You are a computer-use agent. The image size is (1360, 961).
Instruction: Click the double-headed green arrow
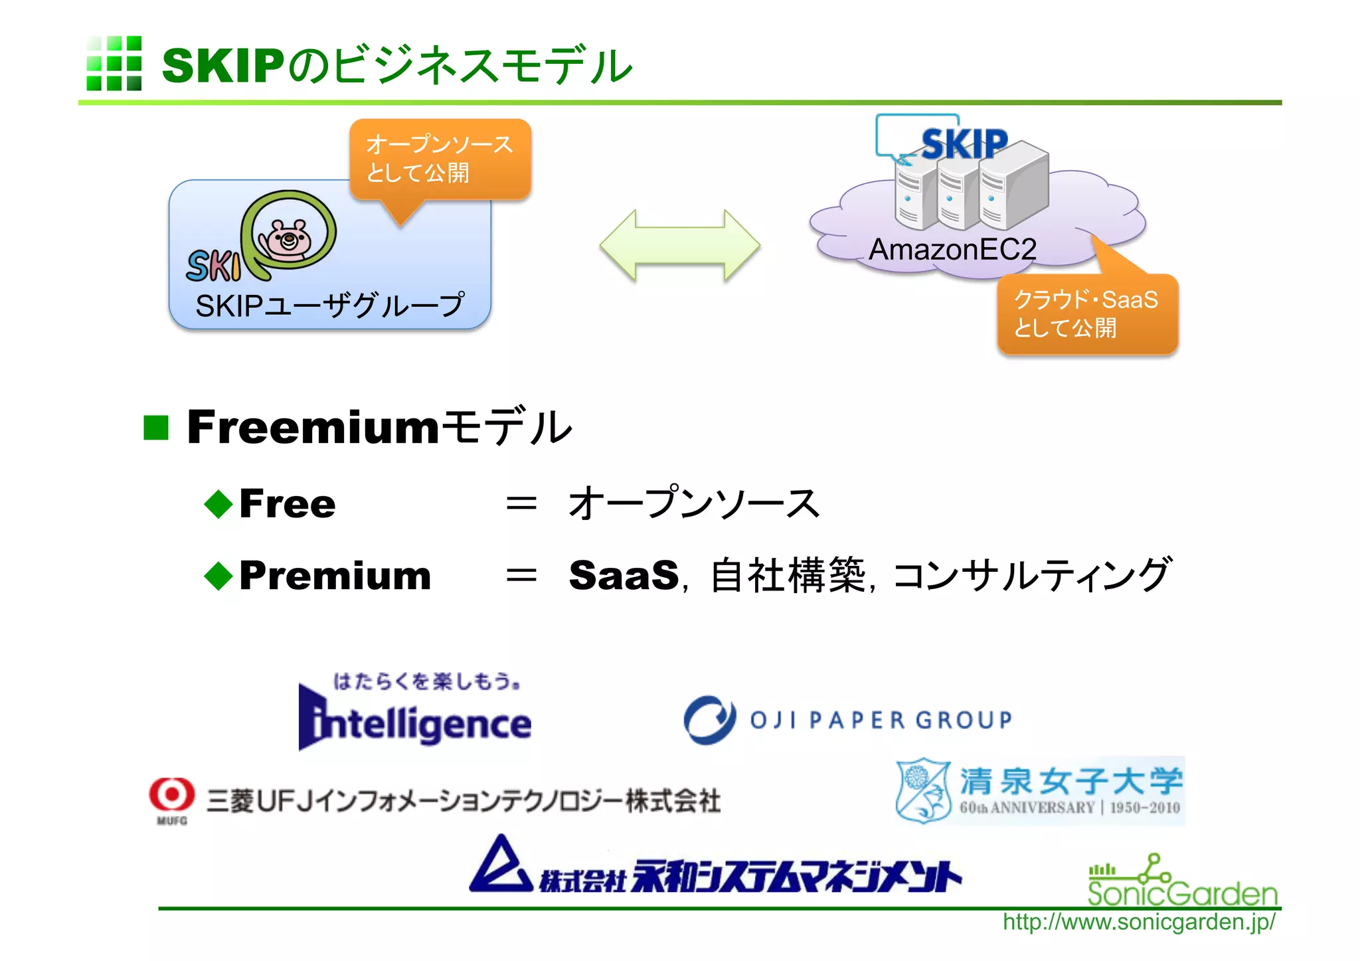(x=679, y=246)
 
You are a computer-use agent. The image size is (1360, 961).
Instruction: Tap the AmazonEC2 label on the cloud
(x=952, y=250)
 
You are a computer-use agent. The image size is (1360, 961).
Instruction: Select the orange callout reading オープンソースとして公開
(x=440, y=159)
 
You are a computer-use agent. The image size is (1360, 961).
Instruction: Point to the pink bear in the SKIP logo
(x=288, y=238)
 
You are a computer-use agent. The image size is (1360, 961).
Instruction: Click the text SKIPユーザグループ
(x=329, y=306)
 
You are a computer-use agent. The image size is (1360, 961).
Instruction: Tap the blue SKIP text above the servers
(x=964, y=144)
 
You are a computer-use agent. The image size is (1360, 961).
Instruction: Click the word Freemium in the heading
(x=312, y=427)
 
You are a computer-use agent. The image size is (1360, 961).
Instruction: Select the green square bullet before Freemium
(x=157, y=428)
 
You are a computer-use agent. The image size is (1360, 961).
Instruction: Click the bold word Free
(x=287, y=503)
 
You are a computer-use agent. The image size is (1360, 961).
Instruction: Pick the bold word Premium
(x=335, y=575)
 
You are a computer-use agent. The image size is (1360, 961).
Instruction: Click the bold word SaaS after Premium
(x=624, y=575)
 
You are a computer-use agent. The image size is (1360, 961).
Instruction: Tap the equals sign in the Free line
(x=521, y=503)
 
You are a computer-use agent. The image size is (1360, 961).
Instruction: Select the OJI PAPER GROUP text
(x=881, y=720)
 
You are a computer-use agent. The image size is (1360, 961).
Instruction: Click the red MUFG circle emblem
(x=172, y=794)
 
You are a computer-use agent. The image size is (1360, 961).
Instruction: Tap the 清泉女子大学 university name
(x=1070, y=780)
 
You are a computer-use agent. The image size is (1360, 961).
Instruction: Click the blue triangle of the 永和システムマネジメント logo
(x=501, y=866)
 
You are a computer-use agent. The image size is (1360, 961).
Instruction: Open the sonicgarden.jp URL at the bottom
(x=1138, y=922)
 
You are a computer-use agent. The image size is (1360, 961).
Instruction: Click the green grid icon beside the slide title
(x=114, y=64)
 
